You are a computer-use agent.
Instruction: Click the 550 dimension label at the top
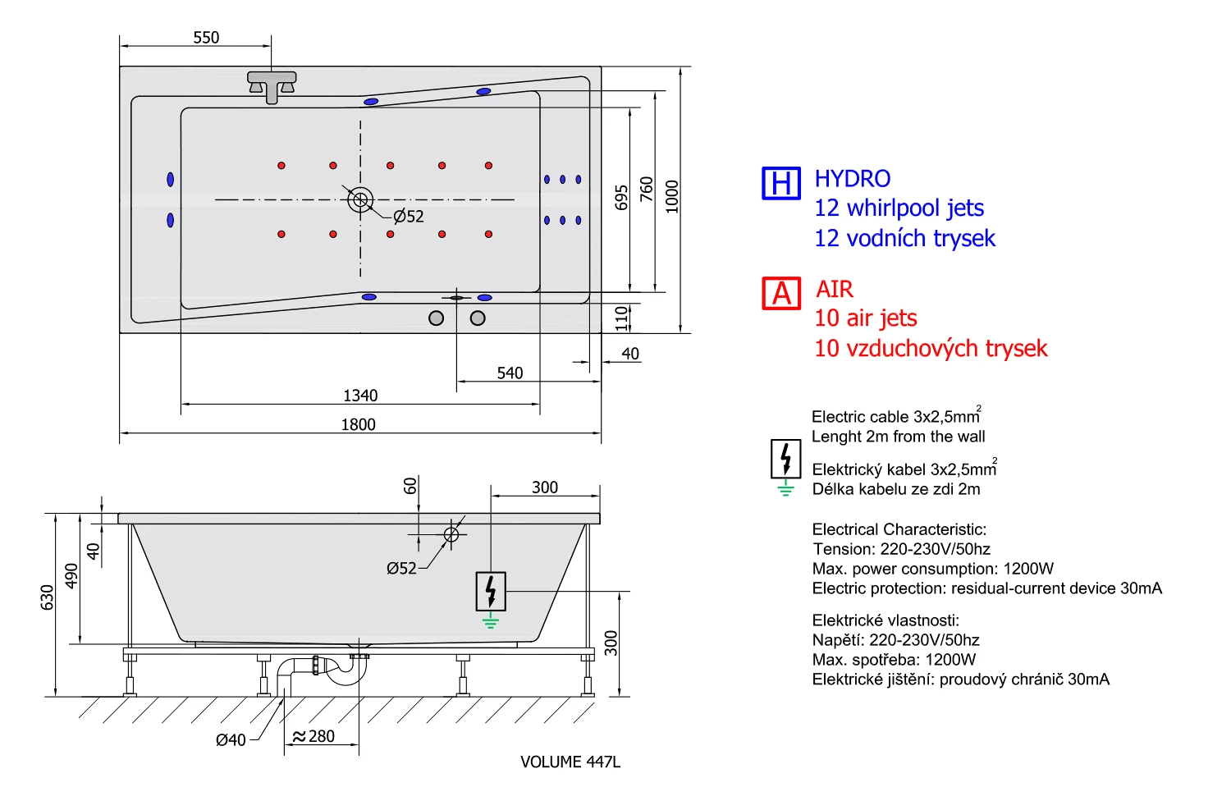pyautogui.click(x=206, y=38)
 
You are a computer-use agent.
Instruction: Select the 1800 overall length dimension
pyautogui.click(x=359, y=424)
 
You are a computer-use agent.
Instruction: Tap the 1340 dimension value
pyautogui.click(x=360, y=396)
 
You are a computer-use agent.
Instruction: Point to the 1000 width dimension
pyautogui.click(x=673, y=197)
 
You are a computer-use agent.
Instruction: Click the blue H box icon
pyautogui.click(x=780, y=183)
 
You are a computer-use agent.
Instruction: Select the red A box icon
pyautogui.click(x=780, y=293)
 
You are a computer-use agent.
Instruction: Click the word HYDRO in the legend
pyautogui.click(x=852, y=179)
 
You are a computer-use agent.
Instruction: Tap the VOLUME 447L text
pyautogui.click(x=570, y=762)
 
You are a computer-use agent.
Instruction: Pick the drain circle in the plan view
pyautogui.click(x=360, y=199)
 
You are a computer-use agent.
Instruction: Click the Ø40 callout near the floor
pyautogui.click(x=231, y=740)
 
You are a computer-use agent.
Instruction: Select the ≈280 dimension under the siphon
pyautogui.click(x=314, y=736)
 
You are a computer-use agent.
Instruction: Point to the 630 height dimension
pyautogui.click(x=48, y=597)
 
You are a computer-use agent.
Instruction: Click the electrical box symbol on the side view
pyautogui.click(x=491, y=591)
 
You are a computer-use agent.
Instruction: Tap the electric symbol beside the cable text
pyautogui.click(x=785, y=460)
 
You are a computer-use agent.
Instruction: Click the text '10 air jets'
pyautogui.click(x=865, y=318)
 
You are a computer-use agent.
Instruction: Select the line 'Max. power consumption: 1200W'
pyautogui.click(x=932, y=569)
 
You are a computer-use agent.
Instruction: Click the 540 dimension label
pyautogui.click(x=510, y=373)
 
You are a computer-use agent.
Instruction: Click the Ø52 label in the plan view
pyautogui.click(x=409, y=217)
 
